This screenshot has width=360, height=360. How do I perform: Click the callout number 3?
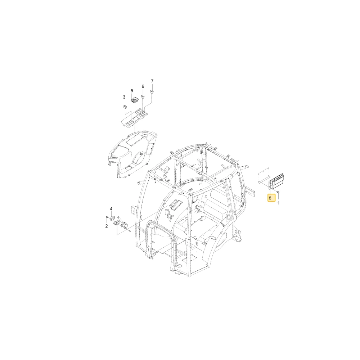(124, 97)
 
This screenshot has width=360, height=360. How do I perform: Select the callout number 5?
(132, 91)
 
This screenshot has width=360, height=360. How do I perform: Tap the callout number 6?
(143, 86)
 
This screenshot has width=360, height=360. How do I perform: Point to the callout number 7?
(152, 81)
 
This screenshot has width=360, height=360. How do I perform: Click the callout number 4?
(111, 209)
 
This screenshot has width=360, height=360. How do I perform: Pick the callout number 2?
(107, 226)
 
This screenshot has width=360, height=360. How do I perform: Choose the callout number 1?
(279, 203)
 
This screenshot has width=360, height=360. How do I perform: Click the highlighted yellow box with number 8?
(271, 198)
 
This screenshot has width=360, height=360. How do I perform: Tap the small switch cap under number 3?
(125, 106)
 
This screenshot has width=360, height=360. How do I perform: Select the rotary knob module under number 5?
(134, 100)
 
